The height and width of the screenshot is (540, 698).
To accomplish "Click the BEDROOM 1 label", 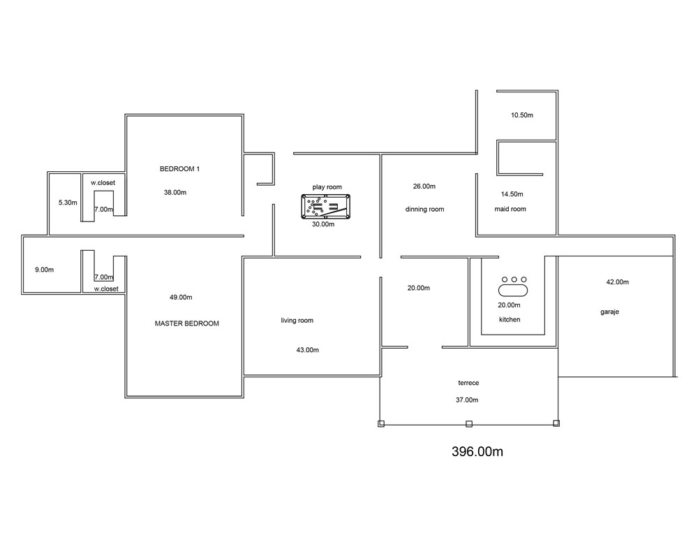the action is [x=180, y=169].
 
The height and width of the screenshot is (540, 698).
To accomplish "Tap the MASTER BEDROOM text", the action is [x=187, y=323].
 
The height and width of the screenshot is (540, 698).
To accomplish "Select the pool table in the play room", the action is [x=325, y=206].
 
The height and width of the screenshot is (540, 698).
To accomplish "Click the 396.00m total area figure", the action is [x=477, y=452].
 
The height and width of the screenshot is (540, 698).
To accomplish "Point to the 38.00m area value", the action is [x=175, y=193].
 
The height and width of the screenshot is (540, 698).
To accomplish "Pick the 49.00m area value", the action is [x=181, y=297].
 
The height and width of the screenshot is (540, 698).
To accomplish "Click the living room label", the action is [x=297, y=321].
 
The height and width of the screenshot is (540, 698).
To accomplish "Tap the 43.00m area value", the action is [x=308, y=350].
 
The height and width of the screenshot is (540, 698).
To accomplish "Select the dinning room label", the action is [x=424, y=209].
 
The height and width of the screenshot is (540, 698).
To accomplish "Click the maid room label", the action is [x=510, y=209].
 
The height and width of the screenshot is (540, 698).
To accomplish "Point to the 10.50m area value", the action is [x=521, y=115].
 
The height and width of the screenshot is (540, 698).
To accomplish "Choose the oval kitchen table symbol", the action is [x=513, y=291].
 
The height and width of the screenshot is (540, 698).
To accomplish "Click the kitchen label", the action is [x=510, y=319].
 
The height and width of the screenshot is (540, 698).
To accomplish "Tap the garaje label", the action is [x=610, y=312].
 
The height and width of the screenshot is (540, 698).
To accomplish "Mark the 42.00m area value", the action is [x=618, y=282].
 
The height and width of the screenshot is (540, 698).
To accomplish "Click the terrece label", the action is [x=469, y=383].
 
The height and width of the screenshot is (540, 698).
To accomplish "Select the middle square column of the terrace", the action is [x=469, y=424].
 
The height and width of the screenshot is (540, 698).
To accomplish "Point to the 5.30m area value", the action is [x=68, y=203].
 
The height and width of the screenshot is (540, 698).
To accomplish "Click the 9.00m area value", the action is [x=45, y=270].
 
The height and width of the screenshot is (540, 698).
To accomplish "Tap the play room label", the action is [x=327, y=187].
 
